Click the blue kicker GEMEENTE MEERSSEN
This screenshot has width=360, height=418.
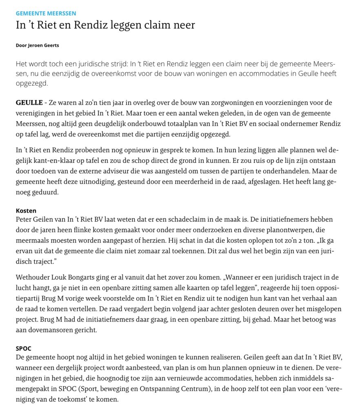[46, 13]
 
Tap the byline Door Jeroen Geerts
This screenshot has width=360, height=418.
[37, 45]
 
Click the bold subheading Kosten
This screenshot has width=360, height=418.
[26, 211]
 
